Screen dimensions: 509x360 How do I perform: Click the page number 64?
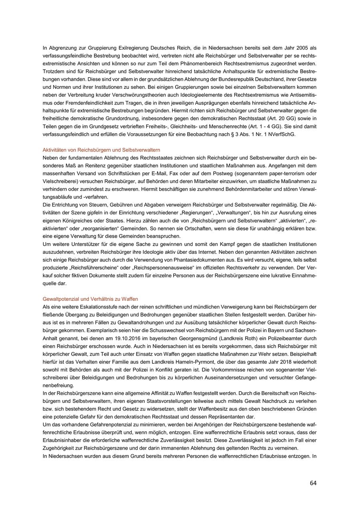(313, 483)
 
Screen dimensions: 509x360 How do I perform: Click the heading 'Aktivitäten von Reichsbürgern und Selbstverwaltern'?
(101, 150)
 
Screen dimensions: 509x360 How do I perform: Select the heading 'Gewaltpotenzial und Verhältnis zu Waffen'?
(90, 299)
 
